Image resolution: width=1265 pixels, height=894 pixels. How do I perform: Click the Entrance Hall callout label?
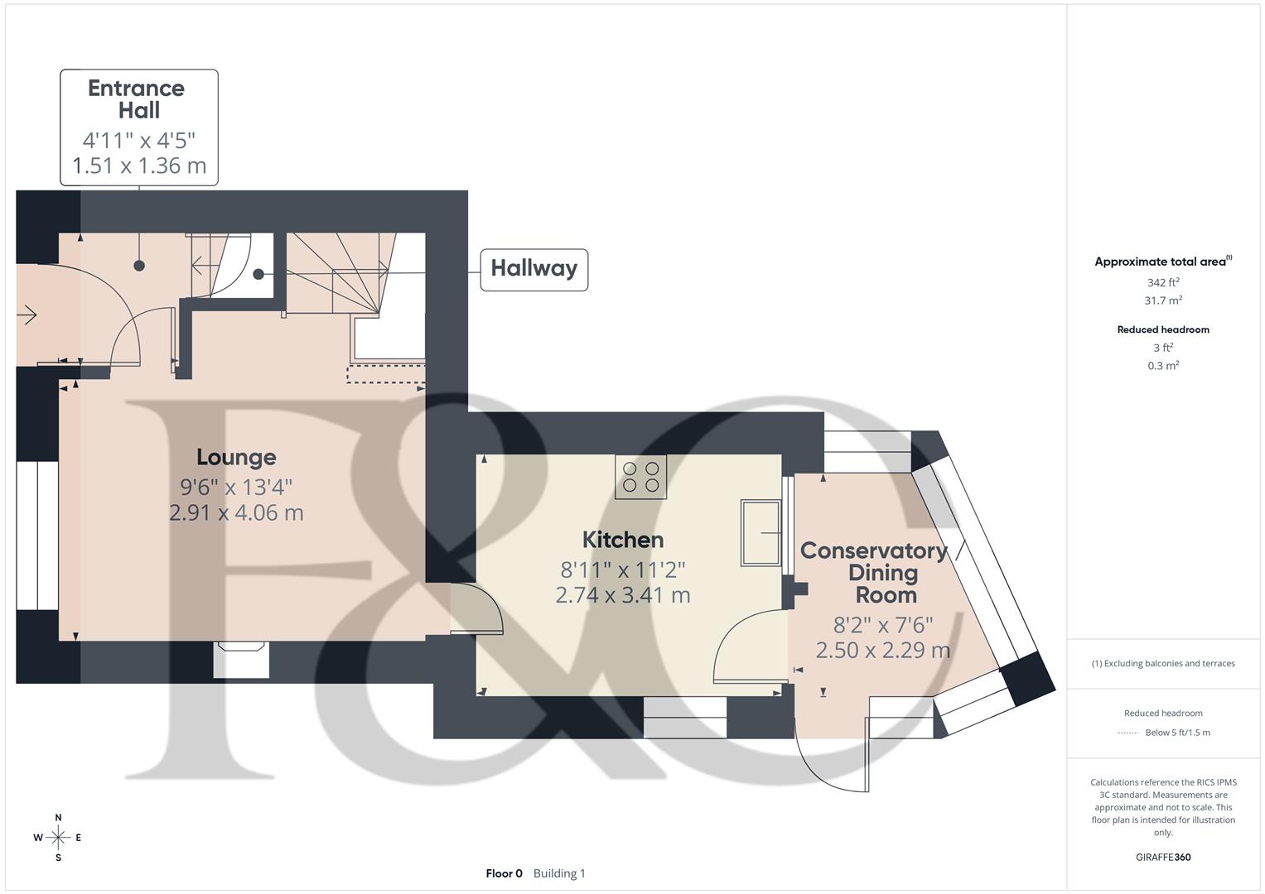tap(138, 127)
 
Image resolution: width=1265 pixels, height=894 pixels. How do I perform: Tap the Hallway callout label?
tap(534, 269)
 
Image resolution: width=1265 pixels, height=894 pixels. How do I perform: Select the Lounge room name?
tap(236, 457)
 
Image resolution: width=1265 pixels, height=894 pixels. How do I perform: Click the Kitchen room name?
tap(623, 540)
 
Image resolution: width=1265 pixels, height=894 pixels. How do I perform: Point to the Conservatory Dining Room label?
tap(874, 572)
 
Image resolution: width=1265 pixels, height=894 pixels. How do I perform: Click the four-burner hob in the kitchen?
tap(640, 477)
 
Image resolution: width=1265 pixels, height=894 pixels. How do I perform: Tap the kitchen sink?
tap(760, 532)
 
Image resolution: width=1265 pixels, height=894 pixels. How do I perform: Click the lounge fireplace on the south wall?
tap(240, 659)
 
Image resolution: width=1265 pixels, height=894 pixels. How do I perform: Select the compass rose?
tap(58, 837)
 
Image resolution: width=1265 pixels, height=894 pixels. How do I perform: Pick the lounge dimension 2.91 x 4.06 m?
tap(236, 512)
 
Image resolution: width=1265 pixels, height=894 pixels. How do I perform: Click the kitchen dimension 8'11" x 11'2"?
tap(623, 570)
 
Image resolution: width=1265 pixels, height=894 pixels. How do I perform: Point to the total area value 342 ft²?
tap(1163, 282)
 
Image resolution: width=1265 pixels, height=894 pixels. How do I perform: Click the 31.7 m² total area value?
tap(1163, 300)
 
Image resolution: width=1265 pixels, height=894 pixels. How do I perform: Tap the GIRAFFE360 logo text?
tap(1163, 857)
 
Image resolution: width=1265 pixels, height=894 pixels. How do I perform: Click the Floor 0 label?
tap(504, 873)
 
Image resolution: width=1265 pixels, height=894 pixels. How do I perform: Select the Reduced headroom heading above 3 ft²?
tap(1163, 329)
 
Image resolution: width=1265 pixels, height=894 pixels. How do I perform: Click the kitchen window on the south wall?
tap(685, 717)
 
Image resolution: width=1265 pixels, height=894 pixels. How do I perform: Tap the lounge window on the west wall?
tap(37, 536)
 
